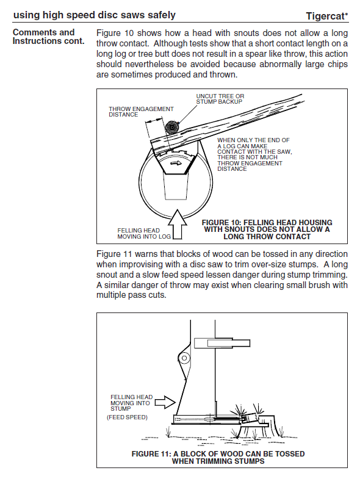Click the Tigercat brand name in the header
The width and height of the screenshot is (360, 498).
click(326, 16)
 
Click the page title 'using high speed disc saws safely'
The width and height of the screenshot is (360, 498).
click(95, 15)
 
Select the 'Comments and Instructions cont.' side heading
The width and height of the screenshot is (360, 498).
click(48, 37)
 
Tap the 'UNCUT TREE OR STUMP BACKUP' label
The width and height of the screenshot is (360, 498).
click(220, 99)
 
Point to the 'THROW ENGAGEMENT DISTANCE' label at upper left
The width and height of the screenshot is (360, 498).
click(141, 112)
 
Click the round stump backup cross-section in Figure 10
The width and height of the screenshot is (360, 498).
click(172, 128)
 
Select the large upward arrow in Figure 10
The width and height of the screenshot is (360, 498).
click(177, 224)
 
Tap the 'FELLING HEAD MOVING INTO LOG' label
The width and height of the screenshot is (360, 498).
click(144, 233)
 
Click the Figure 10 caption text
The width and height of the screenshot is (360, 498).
click(267, 229)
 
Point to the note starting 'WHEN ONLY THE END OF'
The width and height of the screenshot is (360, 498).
click(254, 154)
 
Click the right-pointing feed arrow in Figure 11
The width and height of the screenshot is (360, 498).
click(165, 402)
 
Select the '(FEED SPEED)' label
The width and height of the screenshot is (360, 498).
click(127, 417)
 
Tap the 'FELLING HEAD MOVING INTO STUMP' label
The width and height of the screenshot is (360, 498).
click(131, 403)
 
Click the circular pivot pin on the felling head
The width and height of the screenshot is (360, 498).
click(184, 358)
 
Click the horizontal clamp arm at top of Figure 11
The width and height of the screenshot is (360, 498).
click(222, 343)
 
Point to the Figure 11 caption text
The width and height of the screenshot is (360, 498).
click(218, 457)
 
